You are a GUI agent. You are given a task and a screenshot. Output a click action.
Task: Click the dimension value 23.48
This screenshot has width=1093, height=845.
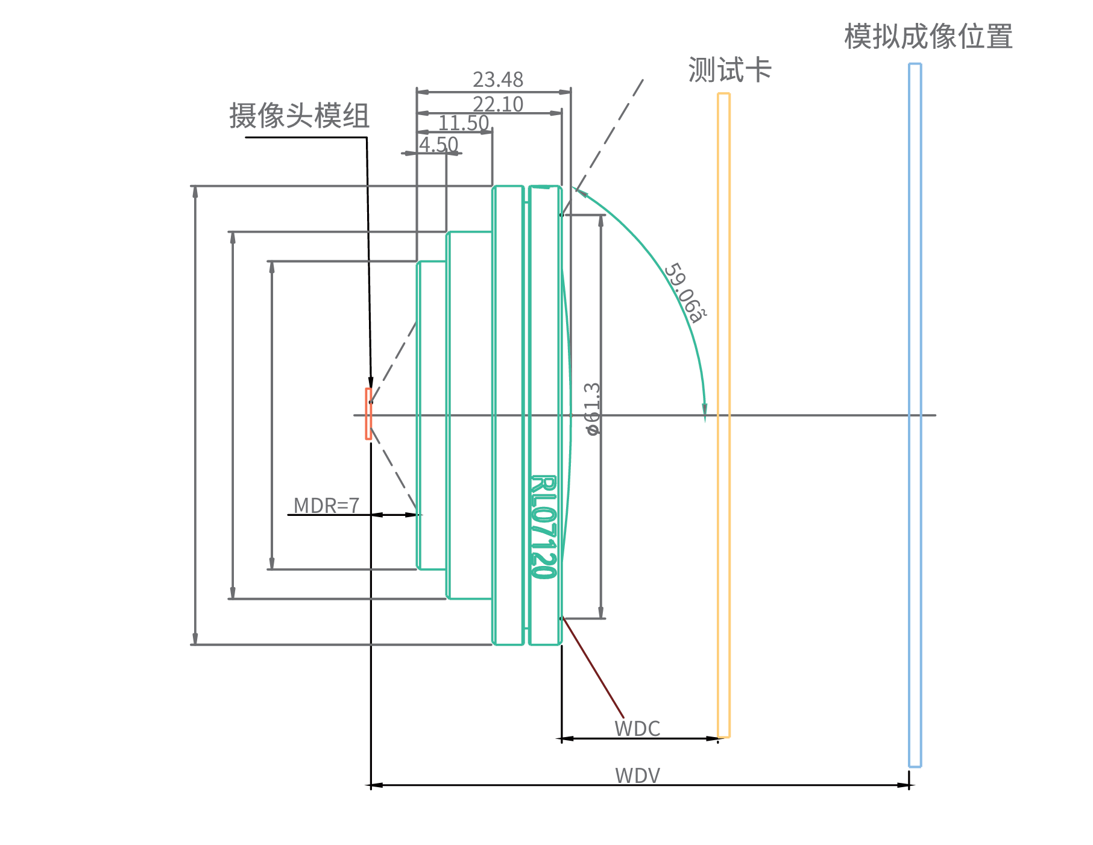[497, 80]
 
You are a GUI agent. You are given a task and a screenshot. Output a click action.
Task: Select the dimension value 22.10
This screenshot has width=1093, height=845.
[497, 104]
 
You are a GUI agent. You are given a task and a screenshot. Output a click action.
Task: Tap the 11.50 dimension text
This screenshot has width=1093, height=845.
[463, 123]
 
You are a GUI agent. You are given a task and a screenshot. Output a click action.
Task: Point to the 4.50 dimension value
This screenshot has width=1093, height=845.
[438, 145]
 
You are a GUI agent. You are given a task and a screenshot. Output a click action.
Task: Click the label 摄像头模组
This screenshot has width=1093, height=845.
[299, 115]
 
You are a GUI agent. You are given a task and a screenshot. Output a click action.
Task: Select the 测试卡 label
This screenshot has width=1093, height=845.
[729, 69]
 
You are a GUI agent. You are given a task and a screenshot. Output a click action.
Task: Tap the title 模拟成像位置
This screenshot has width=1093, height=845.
[928, 36]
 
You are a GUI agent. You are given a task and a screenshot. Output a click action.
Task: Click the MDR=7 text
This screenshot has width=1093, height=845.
[326, 505]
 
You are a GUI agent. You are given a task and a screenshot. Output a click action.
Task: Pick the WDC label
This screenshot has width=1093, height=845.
[637, 729]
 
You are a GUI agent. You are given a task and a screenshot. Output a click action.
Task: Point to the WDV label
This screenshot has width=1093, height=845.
[637, 775]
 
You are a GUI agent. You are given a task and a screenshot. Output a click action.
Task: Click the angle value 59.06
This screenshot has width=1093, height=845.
[685, 293]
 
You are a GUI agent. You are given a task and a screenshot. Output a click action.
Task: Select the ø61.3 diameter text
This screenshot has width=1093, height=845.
[593, 409]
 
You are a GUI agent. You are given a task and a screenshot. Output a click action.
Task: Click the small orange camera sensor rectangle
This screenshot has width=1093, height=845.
[368, 414]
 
